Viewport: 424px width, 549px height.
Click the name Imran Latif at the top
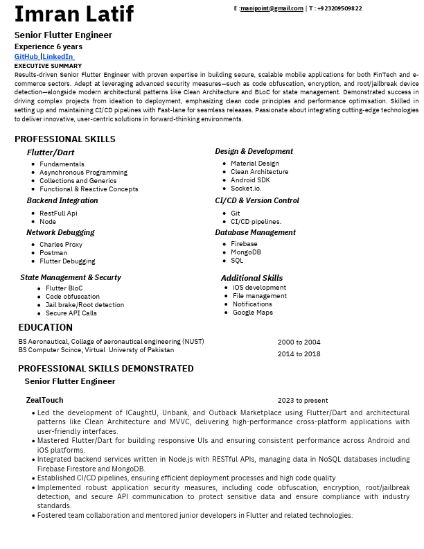point(74,14)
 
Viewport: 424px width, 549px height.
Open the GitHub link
point(26,56)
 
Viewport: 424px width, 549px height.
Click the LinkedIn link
point(58,56)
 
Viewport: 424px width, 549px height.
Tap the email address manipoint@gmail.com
point(272,8)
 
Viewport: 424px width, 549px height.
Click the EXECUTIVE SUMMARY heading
point(48,66)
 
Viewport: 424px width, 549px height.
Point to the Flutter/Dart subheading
point(51,152)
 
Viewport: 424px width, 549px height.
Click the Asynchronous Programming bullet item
point(83,173)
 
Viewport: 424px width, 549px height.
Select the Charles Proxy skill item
point(61,245)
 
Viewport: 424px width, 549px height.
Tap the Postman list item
point(53,253)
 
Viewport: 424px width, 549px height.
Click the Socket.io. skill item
point(246,189)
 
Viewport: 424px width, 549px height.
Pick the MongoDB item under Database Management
point(246,252)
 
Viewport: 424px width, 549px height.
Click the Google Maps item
point(253,313)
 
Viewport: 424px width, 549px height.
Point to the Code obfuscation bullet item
point(73,297)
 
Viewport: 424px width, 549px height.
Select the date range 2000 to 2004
point(299,342)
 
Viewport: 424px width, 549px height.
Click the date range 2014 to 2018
point(299,354)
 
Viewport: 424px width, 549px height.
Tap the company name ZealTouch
point(44,400)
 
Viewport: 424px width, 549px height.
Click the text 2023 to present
point(303,401)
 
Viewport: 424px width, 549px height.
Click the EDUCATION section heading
point(45,328)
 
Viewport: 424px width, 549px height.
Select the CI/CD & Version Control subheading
point(257,201)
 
